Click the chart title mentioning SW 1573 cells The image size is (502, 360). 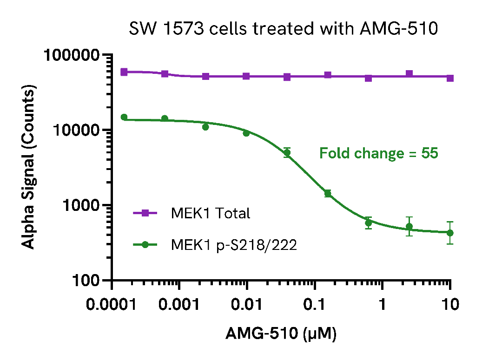point(284,29)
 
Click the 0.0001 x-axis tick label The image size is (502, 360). point(112,305)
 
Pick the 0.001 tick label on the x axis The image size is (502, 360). point(180,305)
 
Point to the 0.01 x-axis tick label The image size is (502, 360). point(247,305)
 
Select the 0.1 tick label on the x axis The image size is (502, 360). point(315,305)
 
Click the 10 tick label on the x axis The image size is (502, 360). point(449,305)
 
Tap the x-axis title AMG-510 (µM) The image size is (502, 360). point(281,334)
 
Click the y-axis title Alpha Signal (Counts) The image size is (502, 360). point(29,167)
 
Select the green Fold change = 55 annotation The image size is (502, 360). point(378,153)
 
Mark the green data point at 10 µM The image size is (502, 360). point(450,233)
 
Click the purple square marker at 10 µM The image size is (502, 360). point(450,78)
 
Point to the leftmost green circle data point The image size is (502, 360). point(124,117)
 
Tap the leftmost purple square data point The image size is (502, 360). point(124,72)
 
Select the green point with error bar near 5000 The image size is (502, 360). point(287,152)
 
